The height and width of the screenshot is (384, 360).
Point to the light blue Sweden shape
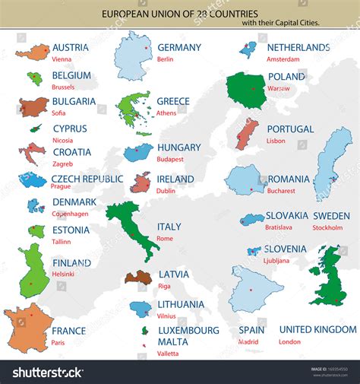click(333, 163)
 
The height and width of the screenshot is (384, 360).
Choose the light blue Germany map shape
click(134, 54)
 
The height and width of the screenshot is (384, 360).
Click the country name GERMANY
click(178, 47)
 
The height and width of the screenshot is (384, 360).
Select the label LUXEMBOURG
click(188, 330)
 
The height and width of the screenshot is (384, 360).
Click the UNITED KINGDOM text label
click(317, 329)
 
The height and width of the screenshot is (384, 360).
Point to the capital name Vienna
click(62, 59)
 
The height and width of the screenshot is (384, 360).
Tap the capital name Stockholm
click(327, 227)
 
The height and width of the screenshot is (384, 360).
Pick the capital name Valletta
click(168, 353)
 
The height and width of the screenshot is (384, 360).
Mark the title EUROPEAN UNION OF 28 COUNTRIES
click(180, 13)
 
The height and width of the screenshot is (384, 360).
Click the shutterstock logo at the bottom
click(47, 372)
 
